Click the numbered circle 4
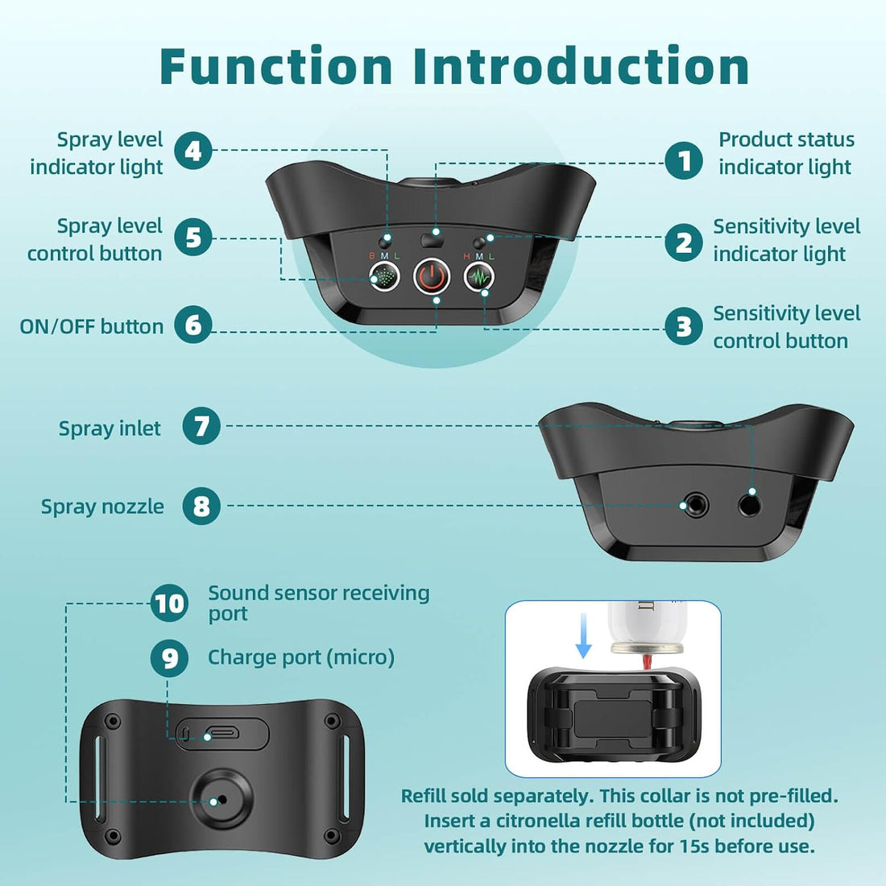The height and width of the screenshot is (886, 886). (x=193, y=151)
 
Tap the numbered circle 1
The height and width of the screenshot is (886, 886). (x=684, y=160)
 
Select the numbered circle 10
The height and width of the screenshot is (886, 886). (x=169, y=603)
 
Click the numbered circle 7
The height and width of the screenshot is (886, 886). (x=201, y=426)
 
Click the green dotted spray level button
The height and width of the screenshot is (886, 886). (x=384, y=277)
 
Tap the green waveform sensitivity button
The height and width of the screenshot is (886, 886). (x=479, y=277)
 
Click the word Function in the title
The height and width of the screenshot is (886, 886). (x=276, y=66)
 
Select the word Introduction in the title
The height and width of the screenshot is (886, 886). (x=581, y=66)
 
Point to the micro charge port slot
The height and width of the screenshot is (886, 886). (x=222, y=734)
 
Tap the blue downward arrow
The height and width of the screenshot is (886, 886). (x=584, y=636)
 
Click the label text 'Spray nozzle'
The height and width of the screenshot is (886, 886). (x=102, y=507)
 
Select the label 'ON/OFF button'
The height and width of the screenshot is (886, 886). (x=92, y=326)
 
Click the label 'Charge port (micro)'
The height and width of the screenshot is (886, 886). (x=301, y=657)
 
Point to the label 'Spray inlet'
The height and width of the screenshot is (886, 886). (x=110, y=429)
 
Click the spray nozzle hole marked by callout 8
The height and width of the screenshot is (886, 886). (x=694, y=504)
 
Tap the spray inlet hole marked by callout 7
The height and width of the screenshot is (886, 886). (x=749, y=503)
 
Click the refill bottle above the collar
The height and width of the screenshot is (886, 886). (x=647, y=627)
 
